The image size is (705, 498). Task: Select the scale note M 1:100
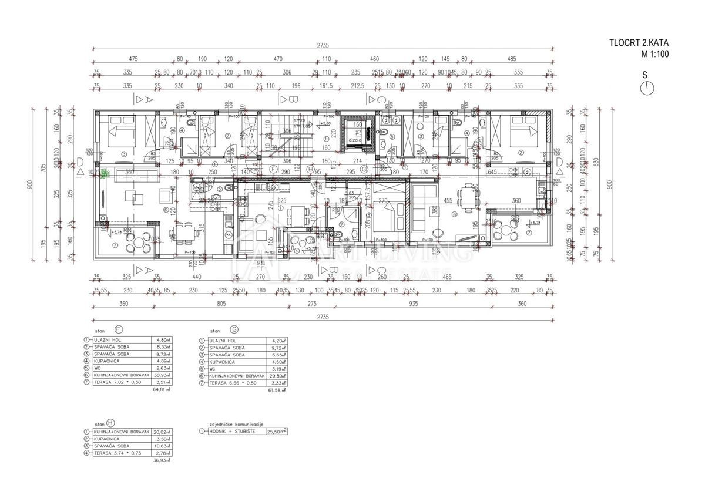tap(654, 53)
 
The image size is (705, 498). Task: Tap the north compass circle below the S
tap(646, 88)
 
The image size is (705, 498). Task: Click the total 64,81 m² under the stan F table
tap(160, 389)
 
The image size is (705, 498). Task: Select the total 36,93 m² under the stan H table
tap(160, 461)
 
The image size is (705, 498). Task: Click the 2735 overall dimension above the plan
tap(322, 46)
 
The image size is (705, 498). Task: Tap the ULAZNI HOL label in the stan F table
tap(106, 340)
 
